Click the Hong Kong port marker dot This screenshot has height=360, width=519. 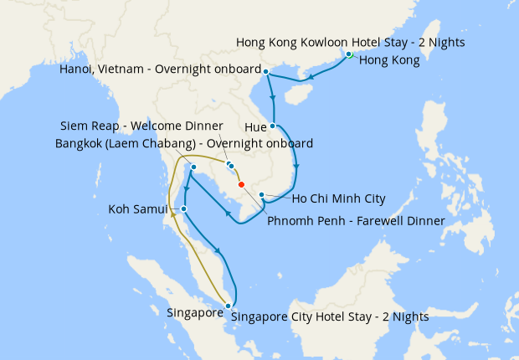349,54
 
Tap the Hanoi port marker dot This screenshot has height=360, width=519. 266,71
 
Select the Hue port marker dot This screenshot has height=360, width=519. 274,126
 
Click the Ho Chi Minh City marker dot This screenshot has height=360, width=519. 262,195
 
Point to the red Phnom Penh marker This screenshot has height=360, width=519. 241,184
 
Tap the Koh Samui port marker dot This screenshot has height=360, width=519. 184,208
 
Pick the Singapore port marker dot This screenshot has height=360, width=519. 228,306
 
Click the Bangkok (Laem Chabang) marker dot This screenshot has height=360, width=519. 193,167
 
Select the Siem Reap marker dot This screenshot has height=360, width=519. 230,165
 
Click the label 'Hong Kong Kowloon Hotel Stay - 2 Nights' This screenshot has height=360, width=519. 351,42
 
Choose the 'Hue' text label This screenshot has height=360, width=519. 255,127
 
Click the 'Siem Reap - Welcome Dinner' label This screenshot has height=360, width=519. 141,126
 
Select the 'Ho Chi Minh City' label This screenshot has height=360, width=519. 338,198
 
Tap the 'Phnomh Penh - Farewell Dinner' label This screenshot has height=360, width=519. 356,221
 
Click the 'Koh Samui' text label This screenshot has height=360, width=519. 138,208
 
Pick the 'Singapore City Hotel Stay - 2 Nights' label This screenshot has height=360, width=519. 329,317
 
